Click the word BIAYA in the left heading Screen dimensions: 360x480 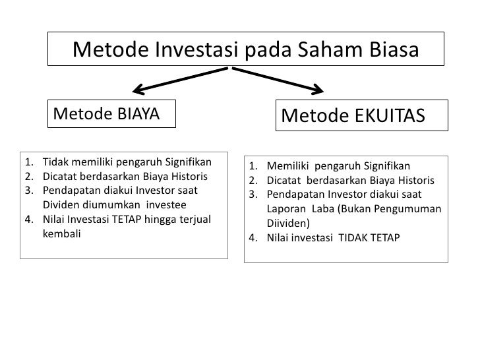point(138,113)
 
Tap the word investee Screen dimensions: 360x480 point(166,204)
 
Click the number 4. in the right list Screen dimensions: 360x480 point(254,237)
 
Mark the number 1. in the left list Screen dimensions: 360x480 point(28,162)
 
